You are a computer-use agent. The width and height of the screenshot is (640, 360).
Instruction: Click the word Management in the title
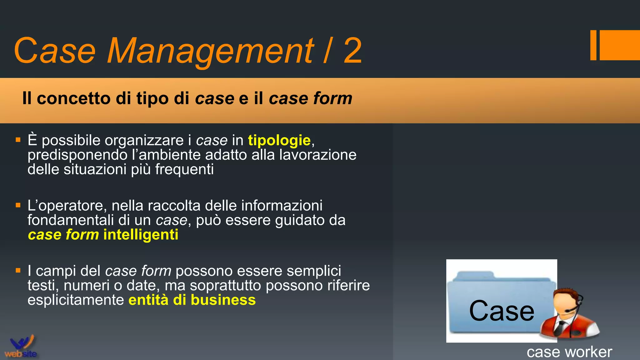coord(210,51)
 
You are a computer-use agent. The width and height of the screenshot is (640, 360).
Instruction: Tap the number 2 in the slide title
coord(352,51)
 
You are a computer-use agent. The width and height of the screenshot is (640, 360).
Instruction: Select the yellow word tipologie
coord(279,140)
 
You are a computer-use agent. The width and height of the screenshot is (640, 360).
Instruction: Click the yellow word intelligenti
coord(141,235)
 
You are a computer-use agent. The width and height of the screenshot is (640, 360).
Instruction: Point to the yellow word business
coord(223,300)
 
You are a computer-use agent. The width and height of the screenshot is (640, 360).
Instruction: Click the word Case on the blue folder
coord(501,311)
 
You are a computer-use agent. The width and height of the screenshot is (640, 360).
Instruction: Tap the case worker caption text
coord(569,352)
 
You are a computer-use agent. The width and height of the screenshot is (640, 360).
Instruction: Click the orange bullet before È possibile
coord(18,140)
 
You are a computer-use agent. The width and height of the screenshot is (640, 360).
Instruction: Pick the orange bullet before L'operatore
coord(18,205)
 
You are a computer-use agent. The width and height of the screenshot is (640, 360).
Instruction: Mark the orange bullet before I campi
coord(18,270)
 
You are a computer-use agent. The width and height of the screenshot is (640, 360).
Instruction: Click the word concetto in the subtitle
coord(74,98)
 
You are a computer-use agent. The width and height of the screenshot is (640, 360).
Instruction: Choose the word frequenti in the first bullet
coord(184,169)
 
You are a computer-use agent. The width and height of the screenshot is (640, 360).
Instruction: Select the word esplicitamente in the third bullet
coord(76,300)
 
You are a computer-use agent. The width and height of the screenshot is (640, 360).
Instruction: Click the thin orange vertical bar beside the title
coord(593,45)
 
